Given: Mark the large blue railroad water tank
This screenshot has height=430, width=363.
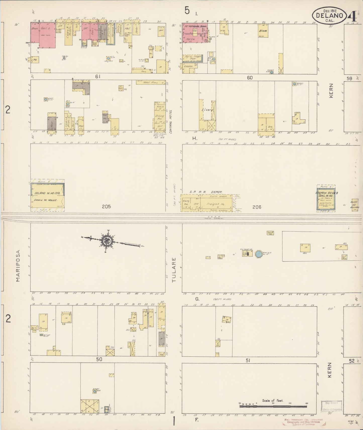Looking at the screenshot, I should (259, 254).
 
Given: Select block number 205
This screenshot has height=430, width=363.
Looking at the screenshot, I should (106, 207).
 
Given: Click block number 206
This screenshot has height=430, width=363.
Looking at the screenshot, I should (257, 207).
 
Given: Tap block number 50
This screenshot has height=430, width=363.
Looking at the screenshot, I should (99, 359).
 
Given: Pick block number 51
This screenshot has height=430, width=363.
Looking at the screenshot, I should (248, 360).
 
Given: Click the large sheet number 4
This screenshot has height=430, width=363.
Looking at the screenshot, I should (352, 17).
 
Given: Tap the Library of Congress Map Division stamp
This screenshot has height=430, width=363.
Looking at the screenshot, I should (331, 406).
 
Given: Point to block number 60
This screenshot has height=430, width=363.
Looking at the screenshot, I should (249, 78).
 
